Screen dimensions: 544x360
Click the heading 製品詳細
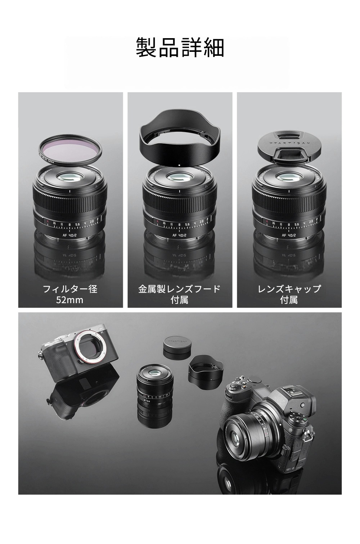[180, 48]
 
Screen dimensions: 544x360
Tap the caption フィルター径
[70, 289]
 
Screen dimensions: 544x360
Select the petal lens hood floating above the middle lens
[179, 139]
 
